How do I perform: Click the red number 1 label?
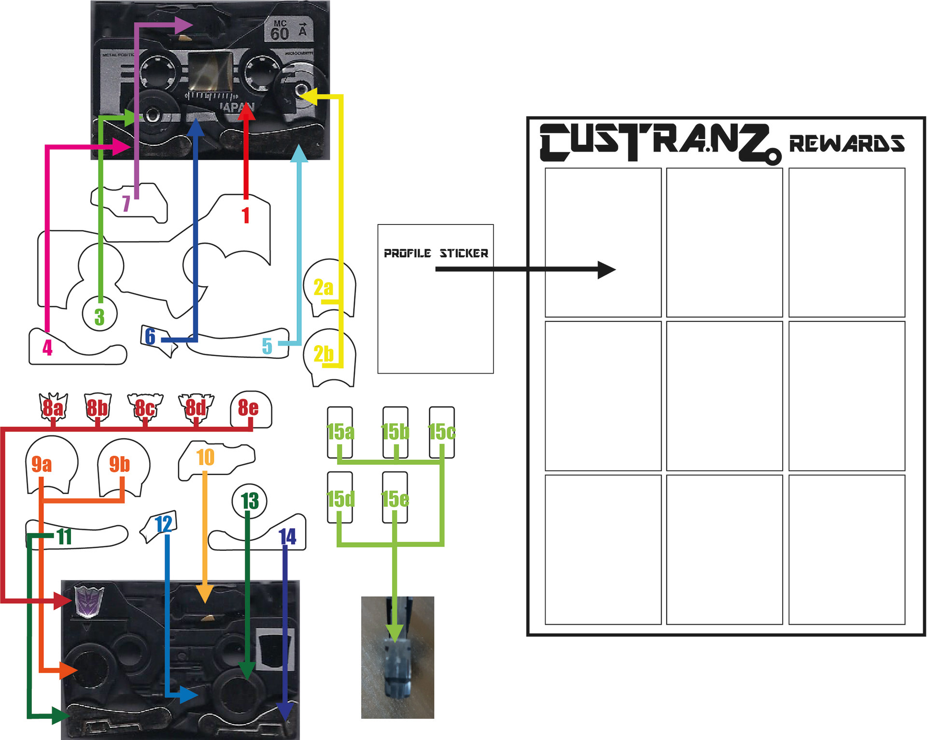pos(246,215)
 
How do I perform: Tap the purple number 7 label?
pos(126,204)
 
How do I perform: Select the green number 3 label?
pos(99,317)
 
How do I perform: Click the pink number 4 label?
pos(47,348)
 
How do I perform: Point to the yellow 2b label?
pos(323,354)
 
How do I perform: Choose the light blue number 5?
pos(267,346)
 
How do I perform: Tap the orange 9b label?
pos(119,464)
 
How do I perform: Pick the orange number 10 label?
pos(206,457)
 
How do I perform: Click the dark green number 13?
pos(250,501)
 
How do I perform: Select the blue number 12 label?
pos(164,524)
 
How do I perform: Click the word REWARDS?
pos(846,143)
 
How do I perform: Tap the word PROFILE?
pos(407,253)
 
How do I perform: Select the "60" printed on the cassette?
pos(280,34)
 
